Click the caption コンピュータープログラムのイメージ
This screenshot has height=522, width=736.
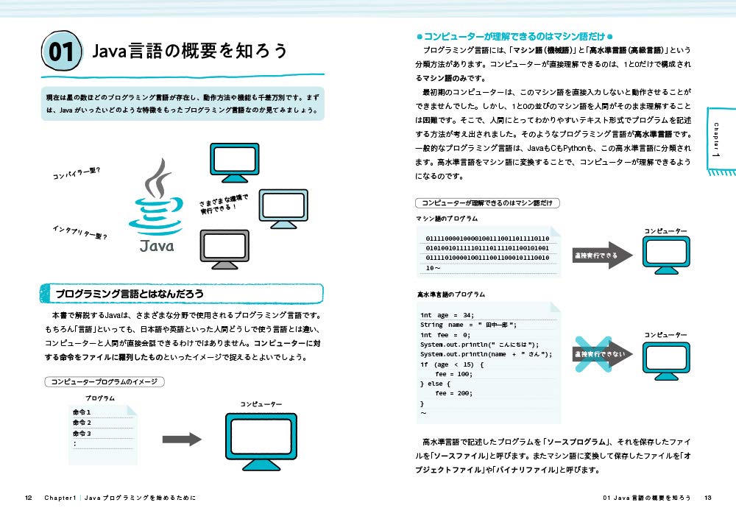point(103,381)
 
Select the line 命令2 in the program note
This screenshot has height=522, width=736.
point(82,423)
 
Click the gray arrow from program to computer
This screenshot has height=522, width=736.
point(182,440)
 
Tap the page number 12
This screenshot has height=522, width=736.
point(28,498)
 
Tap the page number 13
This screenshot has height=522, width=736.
point(707,498)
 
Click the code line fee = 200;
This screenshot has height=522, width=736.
point(450,393)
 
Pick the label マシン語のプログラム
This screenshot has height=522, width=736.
point(447,219)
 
